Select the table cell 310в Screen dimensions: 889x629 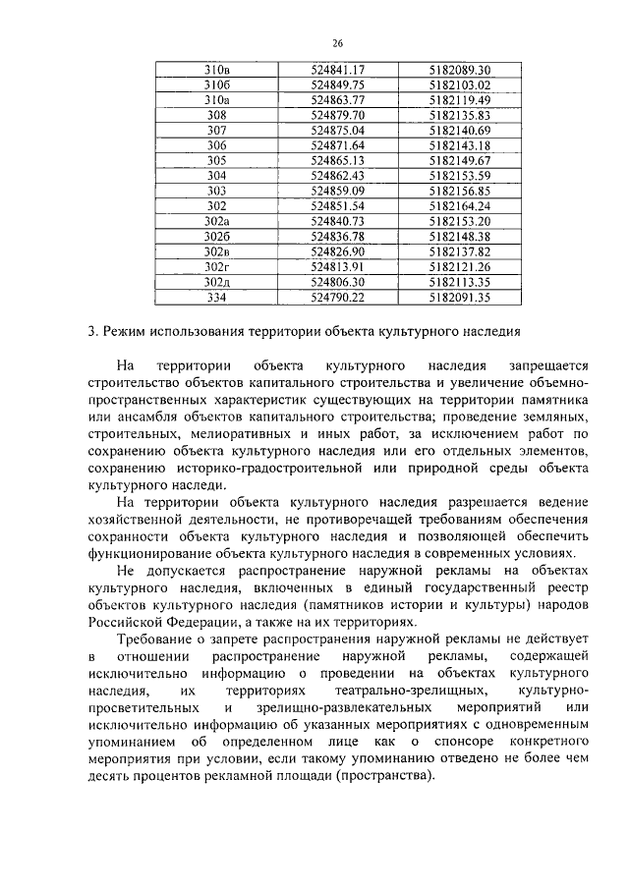pyautogui.click(x=216, y=70)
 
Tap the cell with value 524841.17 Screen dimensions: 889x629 pyautogui.click(x=337, y=70)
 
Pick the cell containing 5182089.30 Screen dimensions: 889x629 pyautogui.click(x=459, y=70)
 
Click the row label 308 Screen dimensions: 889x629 pyautogui.click(x=216, y=115)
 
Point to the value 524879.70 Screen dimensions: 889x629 pyautogui.click(x=337, y=115)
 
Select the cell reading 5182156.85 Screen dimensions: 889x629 pyautogui.click(x=459, y=191)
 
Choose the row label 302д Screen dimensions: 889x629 pyautogui.click(x=216, y=281)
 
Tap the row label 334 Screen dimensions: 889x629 pyautogui.click(x=216, y=297)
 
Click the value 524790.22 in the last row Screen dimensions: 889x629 pyautogui.click(x=337, y=297)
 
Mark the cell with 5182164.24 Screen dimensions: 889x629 pyautogui.click(x=459, y=205)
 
